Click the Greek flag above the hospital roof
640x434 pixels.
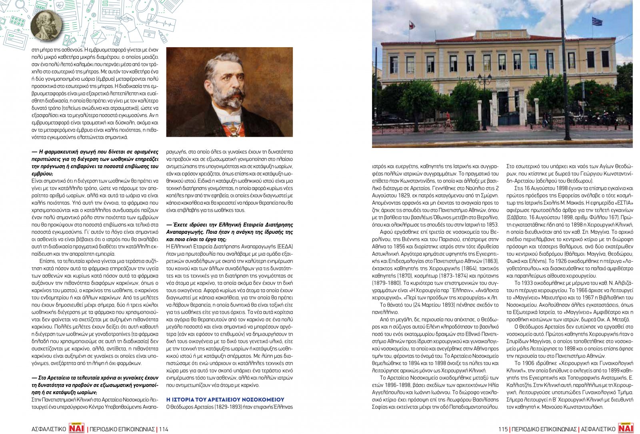click(597, 21)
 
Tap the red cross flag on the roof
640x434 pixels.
click(412, 26)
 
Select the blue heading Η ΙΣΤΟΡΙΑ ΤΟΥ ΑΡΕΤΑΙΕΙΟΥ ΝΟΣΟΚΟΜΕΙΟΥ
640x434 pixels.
click(225, 400)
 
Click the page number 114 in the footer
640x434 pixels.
click(164, 429)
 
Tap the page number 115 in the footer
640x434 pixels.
click(503, 429)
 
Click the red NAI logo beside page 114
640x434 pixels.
click(77, 428)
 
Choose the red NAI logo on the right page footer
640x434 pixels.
click(626, 428)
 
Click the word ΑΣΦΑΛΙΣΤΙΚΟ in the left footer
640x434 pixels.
click(48, 429)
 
